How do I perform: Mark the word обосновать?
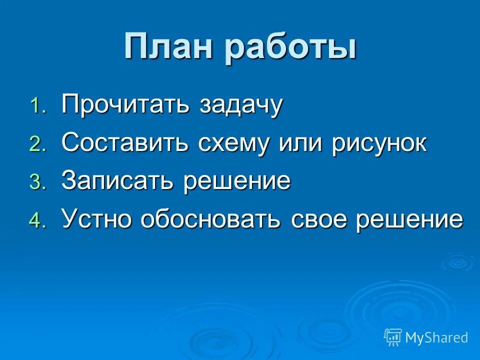(x=210, y=219)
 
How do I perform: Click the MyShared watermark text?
(x=436, y=337)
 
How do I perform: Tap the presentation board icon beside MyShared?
(x=393, y=337)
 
